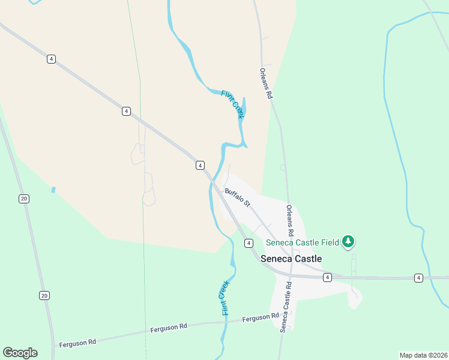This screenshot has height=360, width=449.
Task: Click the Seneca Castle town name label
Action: (x=291, y=259)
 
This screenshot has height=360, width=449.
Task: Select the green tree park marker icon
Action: (x=348, y=242)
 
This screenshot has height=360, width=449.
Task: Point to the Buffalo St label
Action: (x=237, y=198)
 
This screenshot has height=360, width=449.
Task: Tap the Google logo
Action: (x=20, y=353)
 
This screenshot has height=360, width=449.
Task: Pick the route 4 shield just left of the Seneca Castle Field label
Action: (x=248, y=243)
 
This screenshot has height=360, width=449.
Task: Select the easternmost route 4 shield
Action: (x=418, y=278)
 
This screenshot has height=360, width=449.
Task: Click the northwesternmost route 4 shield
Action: (x=52, y=59)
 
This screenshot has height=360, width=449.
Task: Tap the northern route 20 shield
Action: (x=23, y=199)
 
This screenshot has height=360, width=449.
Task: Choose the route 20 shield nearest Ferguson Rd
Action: (x=44, y=295)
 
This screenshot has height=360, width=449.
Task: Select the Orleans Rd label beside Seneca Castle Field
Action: (x=290, y=220)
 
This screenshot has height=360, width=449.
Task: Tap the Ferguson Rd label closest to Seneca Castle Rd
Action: (x=261, y=318)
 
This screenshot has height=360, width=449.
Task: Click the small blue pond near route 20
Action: (x=53, y=190)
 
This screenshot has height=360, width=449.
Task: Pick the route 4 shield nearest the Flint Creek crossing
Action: (x=200, y=165)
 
